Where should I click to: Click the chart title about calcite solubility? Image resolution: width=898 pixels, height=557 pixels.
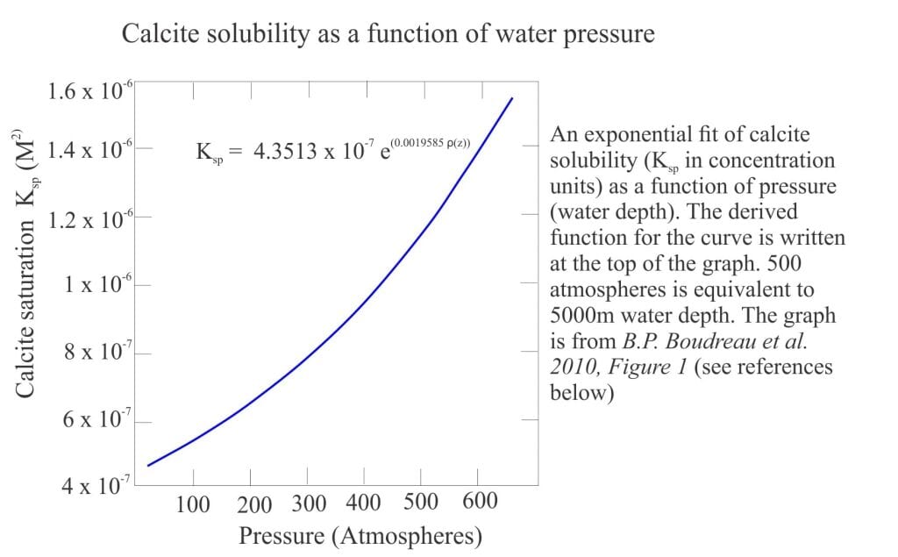click(x=388, y=34)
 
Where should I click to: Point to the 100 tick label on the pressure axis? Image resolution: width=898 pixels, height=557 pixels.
click(x=193, y=504)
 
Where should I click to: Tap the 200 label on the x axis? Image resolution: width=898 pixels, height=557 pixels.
click(x=254, y=505)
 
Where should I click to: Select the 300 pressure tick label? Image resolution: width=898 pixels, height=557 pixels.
click(x=308, y=504)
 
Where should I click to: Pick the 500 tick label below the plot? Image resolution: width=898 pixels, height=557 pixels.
click(x=421, y=503)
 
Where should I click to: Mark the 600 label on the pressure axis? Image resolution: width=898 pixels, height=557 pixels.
click(x=478, y=502)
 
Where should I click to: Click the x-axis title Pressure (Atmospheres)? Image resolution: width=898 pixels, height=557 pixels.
click(x=360, y=535)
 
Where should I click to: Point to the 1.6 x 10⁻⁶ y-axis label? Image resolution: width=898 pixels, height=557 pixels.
click(x=91, y=90)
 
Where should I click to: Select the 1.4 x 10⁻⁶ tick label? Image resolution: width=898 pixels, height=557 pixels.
click(x=91, y=149)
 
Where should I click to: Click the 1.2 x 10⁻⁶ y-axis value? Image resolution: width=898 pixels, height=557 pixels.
click(x=91, y=218)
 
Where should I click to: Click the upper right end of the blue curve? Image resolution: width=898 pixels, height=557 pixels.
click(x=512, y=98)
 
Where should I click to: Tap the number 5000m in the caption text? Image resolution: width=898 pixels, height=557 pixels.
click(x=582, y=315)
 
